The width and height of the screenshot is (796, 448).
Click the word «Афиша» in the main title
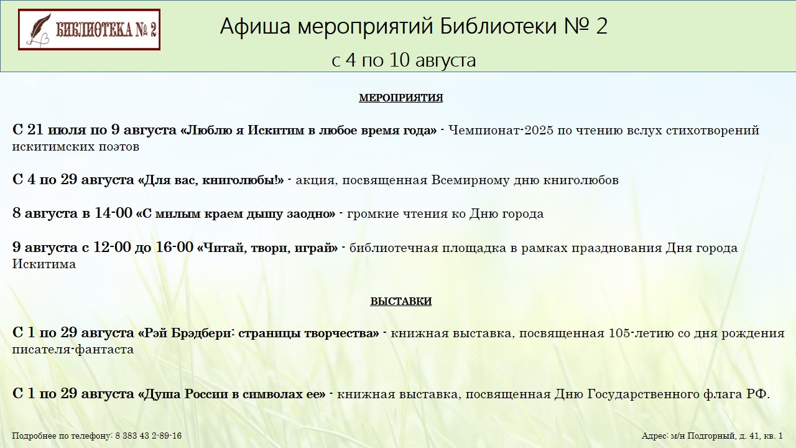coord(256,26)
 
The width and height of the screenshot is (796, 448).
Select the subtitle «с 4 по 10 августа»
coord(404,60)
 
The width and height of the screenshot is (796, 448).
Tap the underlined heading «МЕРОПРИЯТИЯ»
coord(401,98)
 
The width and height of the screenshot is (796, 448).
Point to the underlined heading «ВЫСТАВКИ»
coord(401,301)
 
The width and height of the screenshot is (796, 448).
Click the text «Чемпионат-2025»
coord(501,130)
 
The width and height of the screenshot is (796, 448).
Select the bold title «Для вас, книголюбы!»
coord(211,180)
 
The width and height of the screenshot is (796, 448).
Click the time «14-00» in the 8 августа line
coord(113,213)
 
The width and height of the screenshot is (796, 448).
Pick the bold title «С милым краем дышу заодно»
coord(236,213)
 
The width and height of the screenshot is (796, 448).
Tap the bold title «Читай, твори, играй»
coord(267,248)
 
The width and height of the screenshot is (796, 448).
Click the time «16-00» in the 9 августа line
coord(174,247)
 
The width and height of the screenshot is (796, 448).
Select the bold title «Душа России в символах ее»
coord(231,394)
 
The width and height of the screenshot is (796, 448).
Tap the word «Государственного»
coord(637,394)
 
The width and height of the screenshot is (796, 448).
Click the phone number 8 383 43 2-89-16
coord(149,436)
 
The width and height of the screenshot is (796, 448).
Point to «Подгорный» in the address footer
coord(708,436)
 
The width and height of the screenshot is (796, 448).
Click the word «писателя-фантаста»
coord(73,349)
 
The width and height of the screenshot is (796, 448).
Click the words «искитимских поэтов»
coord(76,147)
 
